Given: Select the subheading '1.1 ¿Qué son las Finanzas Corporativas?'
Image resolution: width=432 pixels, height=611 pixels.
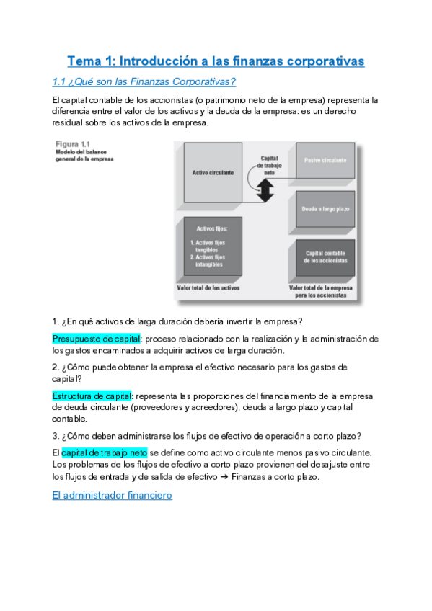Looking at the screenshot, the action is click(145, 81).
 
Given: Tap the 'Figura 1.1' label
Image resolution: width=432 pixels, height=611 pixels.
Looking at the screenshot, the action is click(72, 144).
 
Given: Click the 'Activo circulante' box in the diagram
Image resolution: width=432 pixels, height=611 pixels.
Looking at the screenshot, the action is click(213, 173).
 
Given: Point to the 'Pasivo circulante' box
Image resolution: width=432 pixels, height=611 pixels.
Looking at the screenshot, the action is click(325, 160).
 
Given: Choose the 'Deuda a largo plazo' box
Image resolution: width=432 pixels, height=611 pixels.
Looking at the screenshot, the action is click(325, 209).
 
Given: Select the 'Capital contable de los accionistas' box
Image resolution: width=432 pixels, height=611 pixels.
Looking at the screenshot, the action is click(325, 257).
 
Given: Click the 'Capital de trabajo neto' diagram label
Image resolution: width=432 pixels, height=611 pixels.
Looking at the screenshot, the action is click(269, 165).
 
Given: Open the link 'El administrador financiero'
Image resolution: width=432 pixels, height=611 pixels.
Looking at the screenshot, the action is click(113, 496).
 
